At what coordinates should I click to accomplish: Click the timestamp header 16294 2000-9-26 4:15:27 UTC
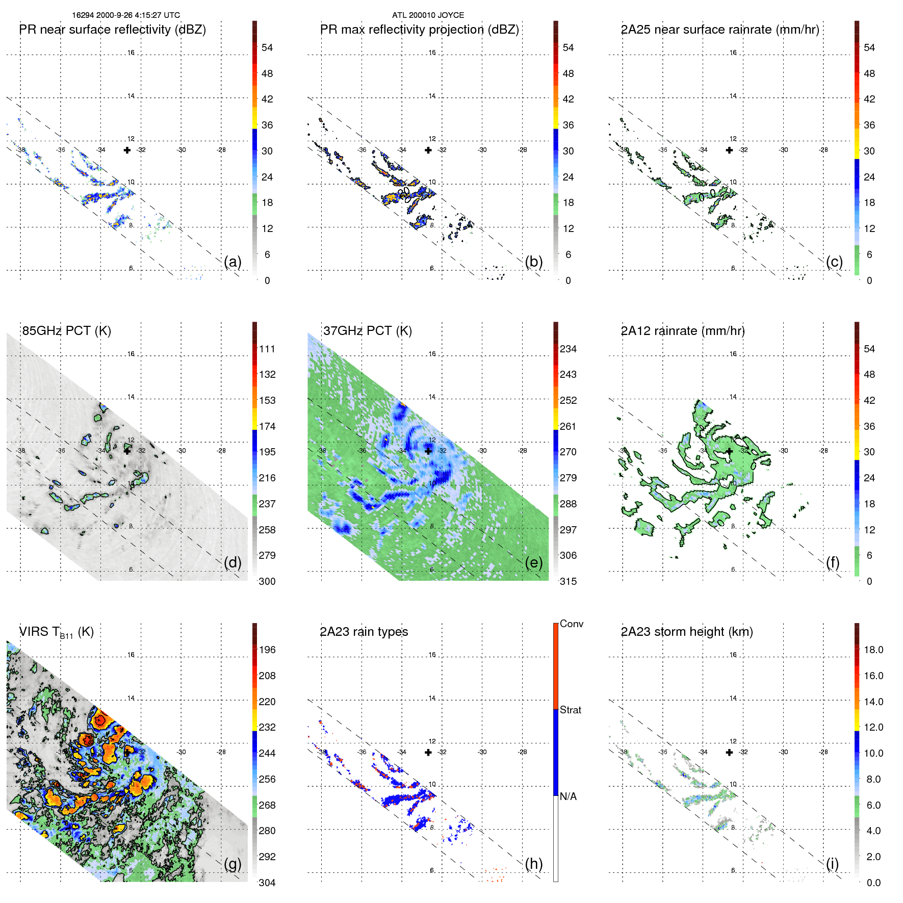coord(126,15)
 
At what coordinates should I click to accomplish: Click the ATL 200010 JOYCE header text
coord(428,15)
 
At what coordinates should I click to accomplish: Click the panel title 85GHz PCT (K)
coord(67,331)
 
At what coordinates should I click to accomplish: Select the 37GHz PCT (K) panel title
coord(368,331)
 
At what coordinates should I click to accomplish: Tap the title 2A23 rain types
coord(364,632)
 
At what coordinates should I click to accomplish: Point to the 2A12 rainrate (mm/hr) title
coord(683,331)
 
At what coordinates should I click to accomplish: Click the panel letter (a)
coord(233,262)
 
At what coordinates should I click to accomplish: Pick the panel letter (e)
coord(534,562)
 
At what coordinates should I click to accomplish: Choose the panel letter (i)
coord(832,864)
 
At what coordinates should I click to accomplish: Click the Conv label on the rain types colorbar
coord(572,624)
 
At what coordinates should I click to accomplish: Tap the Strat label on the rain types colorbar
coord(571,710)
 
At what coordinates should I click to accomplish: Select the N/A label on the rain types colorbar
coord(568,796)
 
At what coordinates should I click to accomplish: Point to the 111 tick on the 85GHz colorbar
coord(267,349)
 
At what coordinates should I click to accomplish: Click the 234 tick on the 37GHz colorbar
coord(568,349)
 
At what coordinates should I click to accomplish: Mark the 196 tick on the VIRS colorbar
coord(267,650)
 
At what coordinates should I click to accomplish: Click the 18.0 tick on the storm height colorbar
coord(873,650)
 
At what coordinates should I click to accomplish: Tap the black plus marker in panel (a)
coord(127,150)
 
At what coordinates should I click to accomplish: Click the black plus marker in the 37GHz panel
coord(428,451)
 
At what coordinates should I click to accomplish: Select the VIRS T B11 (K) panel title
coord(57,632)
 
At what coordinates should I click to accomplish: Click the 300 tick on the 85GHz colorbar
coord(267,581)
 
